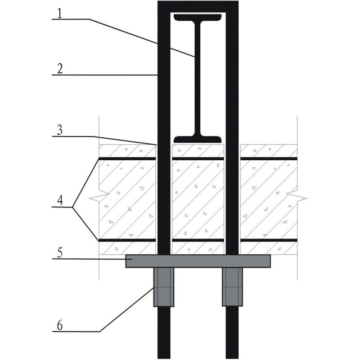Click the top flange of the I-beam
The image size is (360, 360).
click(198, 18)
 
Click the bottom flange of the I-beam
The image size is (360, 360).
click(198, 137)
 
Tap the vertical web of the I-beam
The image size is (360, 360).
click(198, 76)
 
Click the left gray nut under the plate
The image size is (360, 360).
click(164, 287)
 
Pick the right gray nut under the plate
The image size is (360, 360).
click(232, 287)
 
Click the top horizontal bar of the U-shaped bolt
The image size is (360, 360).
click(198, 5)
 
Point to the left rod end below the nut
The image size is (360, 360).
click(164, 333)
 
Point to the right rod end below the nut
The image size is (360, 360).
click(232, 333)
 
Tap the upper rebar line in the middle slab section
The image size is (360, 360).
click(198, 158)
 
